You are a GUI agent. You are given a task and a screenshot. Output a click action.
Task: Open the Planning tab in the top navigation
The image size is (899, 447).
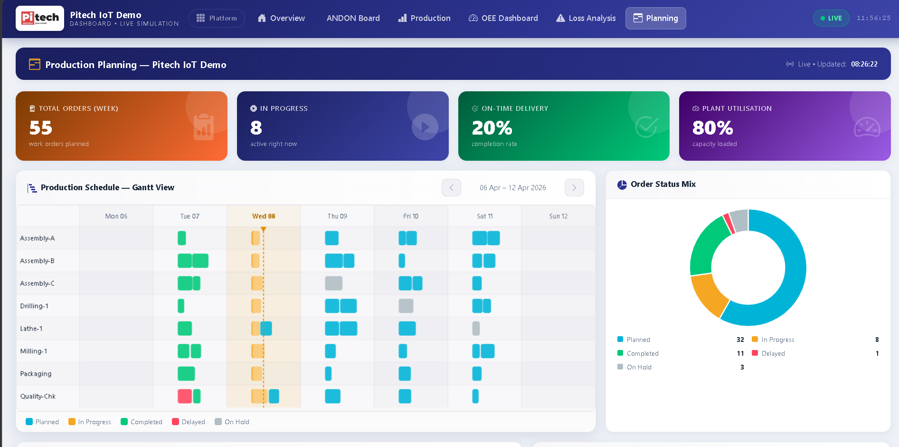pyautogui.click(x=655, y=18)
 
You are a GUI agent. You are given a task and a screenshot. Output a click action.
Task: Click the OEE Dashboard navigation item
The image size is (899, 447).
pyautogui.click(x=503, y=18)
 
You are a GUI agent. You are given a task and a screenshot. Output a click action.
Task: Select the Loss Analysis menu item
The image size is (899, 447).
pyautogui.click(x=586, y=18)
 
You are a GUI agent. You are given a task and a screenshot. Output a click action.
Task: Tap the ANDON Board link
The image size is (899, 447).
pyautogui.click(x=353, y=18)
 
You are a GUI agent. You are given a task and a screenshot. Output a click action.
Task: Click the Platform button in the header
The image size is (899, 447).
pyautogui.click(x=217, y=18)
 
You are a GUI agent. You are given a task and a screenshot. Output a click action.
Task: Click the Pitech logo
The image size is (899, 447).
pyautogui.click(x=40, y=18)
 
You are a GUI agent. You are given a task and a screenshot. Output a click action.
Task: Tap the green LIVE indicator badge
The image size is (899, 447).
pyautogui.click(x=831, y=18)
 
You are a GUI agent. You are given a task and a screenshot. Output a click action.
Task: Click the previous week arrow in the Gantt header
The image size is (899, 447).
pyautogui.click(x=451, y=188)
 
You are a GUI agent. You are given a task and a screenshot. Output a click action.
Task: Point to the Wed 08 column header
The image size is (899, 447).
pyautogui.click(x=264, y=216)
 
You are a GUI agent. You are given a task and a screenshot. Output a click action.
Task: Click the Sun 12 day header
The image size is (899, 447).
pyautogui.click(x=558, y=216)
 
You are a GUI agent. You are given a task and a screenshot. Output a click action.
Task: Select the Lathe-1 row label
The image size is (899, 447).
pyautogui.click(x=31, y=329)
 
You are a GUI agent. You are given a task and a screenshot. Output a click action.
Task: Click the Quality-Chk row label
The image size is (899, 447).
pyautogui.click(x=38, y=396)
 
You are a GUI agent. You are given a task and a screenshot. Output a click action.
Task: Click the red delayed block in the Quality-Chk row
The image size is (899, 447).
pyautogui.click(x=185, y=396)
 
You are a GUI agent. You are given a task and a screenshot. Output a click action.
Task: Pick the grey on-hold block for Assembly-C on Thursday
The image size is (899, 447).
pyautogui.click(x=333, y=283)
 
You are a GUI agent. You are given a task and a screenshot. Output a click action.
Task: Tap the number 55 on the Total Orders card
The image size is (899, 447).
pyautogui.click(x=41, y=127)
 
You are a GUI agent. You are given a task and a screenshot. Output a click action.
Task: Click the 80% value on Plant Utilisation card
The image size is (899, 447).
pyautogui.click(x=712, y=127)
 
